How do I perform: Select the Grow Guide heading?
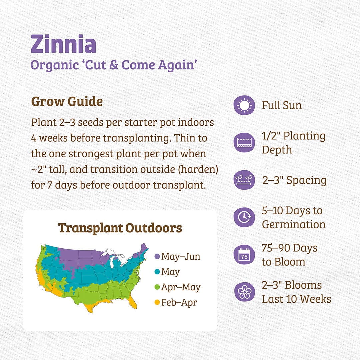pos(67,101)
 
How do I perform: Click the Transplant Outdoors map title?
pos(120,228)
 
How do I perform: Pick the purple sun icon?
pos(244,106)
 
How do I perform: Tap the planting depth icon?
pos(244,142)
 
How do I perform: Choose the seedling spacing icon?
pos(244,180)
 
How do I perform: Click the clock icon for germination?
pos(244,217)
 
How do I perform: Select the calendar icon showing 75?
pos(244,255)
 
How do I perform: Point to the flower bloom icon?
pos(244,292)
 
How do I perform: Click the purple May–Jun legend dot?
pos(157,257)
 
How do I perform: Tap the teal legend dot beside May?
pos(157,272)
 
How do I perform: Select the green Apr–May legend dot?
pos(157,287)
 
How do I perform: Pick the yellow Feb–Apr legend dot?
pos(157,303)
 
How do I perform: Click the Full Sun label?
pos(282,106)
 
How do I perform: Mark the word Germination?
pos(294,224)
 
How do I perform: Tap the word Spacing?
pos(306,180)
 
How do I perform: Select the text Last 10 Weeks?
pos(296,299)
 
